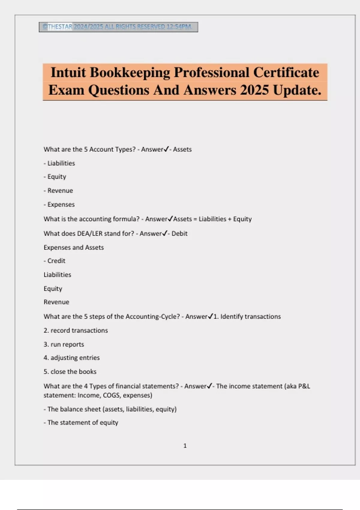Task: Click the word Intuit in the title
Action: pos(68,73)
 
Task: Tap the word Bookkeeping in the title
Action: pos(130,73)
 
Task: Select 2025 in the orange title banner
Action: pos(254,90)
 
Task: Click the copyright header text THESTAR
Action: pos(60,27)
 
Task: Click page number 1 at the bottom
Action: pos(185,446)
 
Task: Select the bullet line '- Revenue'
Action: pos(58,190)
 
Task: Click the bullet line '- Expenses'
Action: pos(59,205)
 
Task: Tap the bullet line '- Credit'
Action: pos(54,261)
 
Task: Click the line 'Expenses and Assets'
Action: pos(73,247)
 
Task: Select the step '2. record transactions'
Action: pos(76,330)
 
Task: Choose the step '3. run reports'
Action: pos(64,344)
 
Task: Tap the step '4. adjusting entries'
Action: pos(71,358)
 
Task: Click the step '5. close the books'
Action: pos(70,372)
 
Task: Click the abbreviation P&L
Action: pos(304,386)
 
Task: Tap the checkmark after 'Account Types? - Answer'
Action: pos(166,149)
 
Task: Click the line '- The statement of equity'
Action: pos(81,422)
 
